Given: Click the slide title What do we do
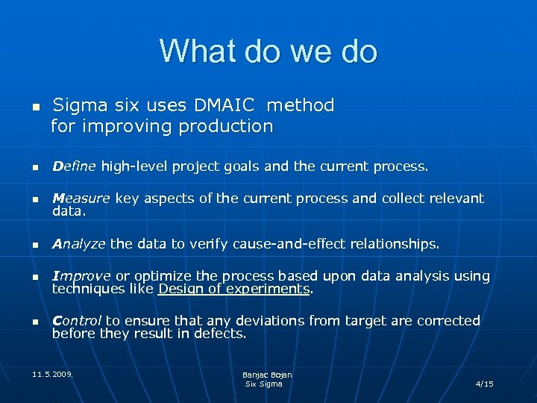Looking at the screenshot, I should (268, 51).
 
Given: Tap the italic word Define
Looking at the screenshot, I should (75, 166).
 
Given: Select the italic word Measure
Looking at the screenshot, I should (81, 199).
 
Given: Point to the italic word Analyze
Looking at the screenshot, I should (79, 244).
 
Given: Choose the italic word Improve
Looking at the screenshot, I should (81, 276).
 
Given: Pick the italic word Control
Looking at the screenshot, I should (77, 321).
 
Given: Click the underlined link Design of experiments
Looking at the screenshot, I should (234, 289).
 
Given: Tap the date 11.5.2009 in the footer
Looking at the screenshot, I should (53, 371).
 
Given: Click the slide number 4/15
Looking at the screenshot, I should (484, 384).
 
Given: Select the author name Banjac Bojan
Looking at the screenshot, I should (267, 375).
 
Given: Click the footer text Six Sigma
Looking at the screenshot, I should (264, 384).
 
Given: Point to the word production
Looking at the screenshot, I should (226, 126).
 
